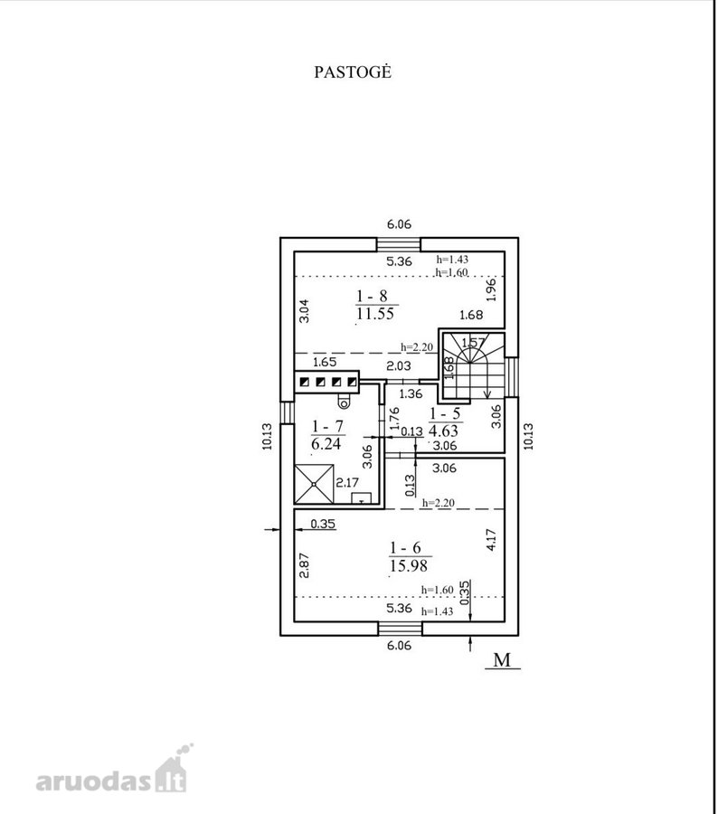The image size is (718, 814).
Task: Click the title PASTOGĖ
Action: point(353,71)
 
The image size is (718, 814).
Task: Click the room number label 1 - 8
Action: point(373,296)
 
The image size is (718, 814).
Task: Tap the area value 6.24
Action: point(326,443)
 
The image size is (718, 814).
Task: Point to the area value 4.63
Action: point(444,431)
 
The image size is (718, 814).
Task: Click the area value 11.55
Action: point(375,314)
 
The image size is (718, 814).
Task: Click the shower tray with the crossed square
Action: point(314,484)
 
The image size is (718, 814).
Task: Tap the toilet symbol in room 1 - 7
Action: point(343,401)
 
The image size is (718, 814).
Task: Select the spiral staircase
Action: point(473,366)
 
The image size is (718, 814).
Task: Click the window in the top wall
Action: point(399,244)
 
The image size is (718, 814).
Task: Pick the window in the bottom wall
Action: point(400,629)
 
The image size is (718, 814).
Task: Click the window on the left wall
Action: point(287,412)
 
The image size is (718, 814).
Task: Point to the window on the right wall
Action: point(512,377)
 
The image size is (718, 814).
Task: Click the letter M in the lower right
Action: point(502,660)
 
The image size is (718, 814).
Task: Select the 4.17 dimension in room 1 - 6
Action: point(492,540)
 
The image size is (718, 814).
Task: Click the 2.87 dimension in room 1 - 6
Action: point(305,565)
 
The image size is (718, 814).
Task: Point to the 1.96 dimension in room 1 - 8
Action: point(492,289)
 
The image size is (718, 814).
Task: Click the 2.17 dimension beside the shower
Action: point(347,482)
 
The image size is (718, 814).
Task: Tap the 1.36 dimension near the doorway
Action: point(411,393)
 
